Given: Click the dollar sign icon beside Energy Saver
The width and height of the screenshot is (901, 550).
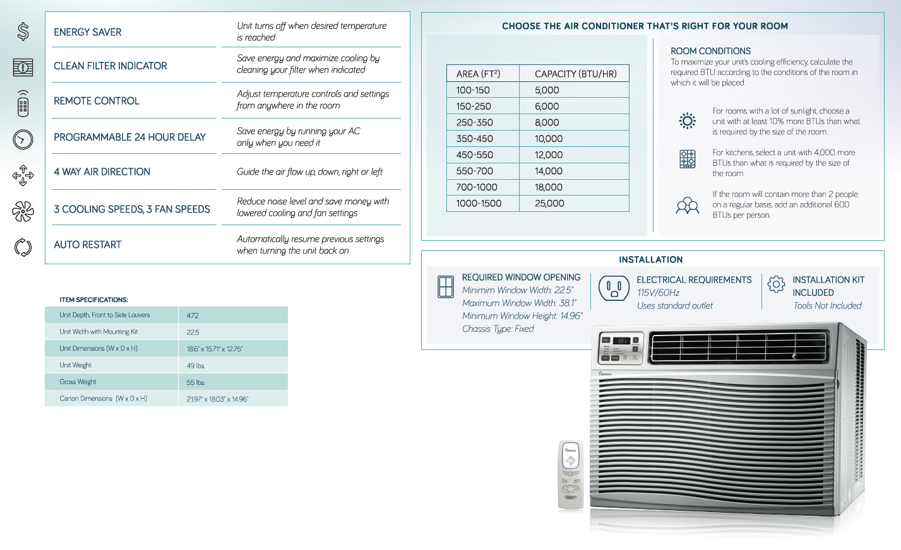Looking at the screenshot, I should (x=23, y=31).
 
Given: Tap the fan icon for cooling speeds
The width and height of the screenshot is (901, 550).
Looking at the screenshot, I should (x=23, y=211).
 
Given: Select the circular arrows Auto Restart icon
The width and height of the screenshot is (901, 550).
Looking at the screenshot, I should (x=23, y=247).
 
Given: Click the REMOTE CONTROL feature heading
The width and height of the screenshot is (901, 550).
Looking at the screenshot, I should (x=97, y=101).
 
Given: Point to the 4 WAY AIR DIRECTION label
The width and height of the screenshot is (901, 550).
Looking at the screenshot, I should (x=102, y=172).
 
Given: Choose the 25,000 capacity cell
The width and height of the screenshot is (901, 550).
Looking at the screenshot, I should (x=549, y=203).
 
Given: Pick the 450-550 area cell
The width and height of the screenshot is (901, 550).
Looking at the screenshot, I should (x=474, y=155).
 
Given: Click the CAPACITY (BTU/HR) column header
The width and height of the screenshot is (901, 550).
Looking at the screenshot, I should (x=575, y=74).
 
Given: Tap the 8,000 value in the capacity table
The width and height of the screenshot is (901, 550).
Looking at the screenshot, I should (x=547, y=122).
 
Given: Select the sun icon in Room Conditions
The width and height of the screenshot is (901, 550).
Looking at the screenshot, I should (x=687, y=120).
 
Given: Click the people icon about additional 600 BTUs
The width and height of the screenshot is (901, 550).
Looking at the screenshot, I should (x=687, y=206).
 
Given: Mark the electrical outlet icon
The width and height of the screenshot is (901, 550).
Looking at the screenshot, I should (x=614, y=289).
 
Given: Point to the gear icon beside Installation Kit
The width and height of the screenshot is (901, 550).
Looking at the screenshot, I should (x=776, y=284).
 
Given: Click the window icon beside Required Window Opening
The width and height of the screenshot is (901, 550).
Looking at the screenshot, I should (x=446, y=287).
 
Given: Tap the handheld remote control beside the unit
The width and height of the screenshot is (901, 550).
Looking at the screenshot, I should (x=570, y=474).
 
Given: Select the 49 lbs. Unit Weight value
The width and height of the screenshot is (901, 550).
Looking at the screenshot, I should (x=196, y=366).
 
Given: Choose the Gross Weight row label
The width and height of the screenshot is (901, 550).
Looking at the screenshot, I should (x=78, y=382).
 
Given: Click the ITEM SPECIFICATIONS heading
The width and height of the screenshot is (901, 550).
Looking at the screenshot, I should (x=93, y=300).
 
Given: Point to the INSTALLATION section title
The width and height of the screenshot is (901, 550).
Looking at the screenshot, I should (x=650, y=259).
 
